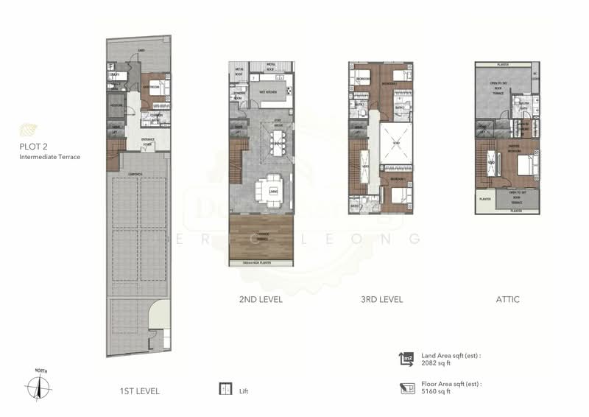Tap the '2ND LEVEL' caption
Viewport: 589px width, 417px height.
coord(260,300)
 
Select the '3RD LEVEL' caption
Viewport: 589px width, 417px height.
coord(380,300)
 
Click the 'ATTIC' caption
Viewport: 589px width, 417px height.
coord(507,300)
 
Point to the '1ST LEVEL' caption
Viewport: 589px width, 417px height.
coord(139,390)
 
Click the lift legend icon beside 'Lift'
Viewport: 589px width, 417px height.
coord(225,390)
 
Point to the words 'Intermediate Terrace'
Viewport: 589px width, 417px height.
coord(49,157)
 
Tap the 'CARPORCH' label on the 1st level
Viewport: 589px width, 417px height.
coord(135,174)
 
